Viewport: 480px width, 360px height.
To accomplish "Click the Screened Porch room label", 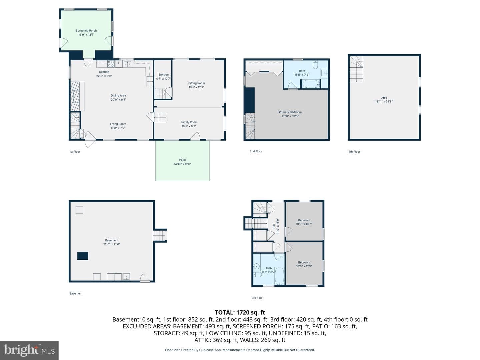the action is (x=86, y=31).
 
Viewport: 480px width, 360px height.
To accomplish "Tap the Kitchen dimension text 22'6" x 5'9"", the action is (x=104, y=76).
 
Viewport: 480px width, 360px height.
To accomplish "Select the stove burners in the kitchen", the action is (x=111, y=64).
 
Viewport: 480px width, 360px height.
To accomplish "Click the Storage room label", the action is (x=163, y=75).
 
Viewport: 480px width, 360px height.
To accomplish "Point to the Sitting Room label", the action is (x=197, y=83).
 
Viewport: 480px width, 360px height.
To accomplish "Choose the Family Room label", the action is (x=189, y=122).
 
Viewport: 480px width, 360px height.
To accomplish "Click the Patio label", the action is (x=182, y=160).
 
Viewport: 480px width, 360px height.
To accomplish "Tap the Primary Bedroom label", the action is (x=290, y=112).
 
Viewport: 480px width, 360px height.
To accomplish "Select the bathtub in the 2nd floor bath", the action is (x=311, y=84).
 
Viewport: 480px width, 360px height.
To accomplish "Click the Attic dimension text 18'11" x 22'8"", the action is (x=384, y=101).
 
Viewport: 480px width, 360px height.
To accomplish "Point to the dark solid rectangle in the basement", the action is (x=83, y=256).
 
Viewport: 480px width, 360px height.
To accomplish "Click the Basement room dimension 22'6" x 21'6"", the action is (x=112, y=244).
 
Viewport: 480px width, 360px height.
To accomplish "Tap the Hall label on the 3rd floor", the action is (x=274, y=226).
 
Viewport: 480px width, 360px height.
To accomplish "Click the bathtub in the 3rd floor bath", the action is (x=279, y=276).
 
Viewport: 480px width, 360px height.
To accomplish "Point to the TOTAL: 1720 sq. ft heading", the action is (x=240, y=312).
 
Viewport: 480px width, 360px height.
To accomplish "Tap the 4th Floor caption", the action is (x=354, y=151).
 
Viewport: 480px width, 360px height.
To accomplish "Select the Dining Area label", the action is (x=118, y=96).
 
